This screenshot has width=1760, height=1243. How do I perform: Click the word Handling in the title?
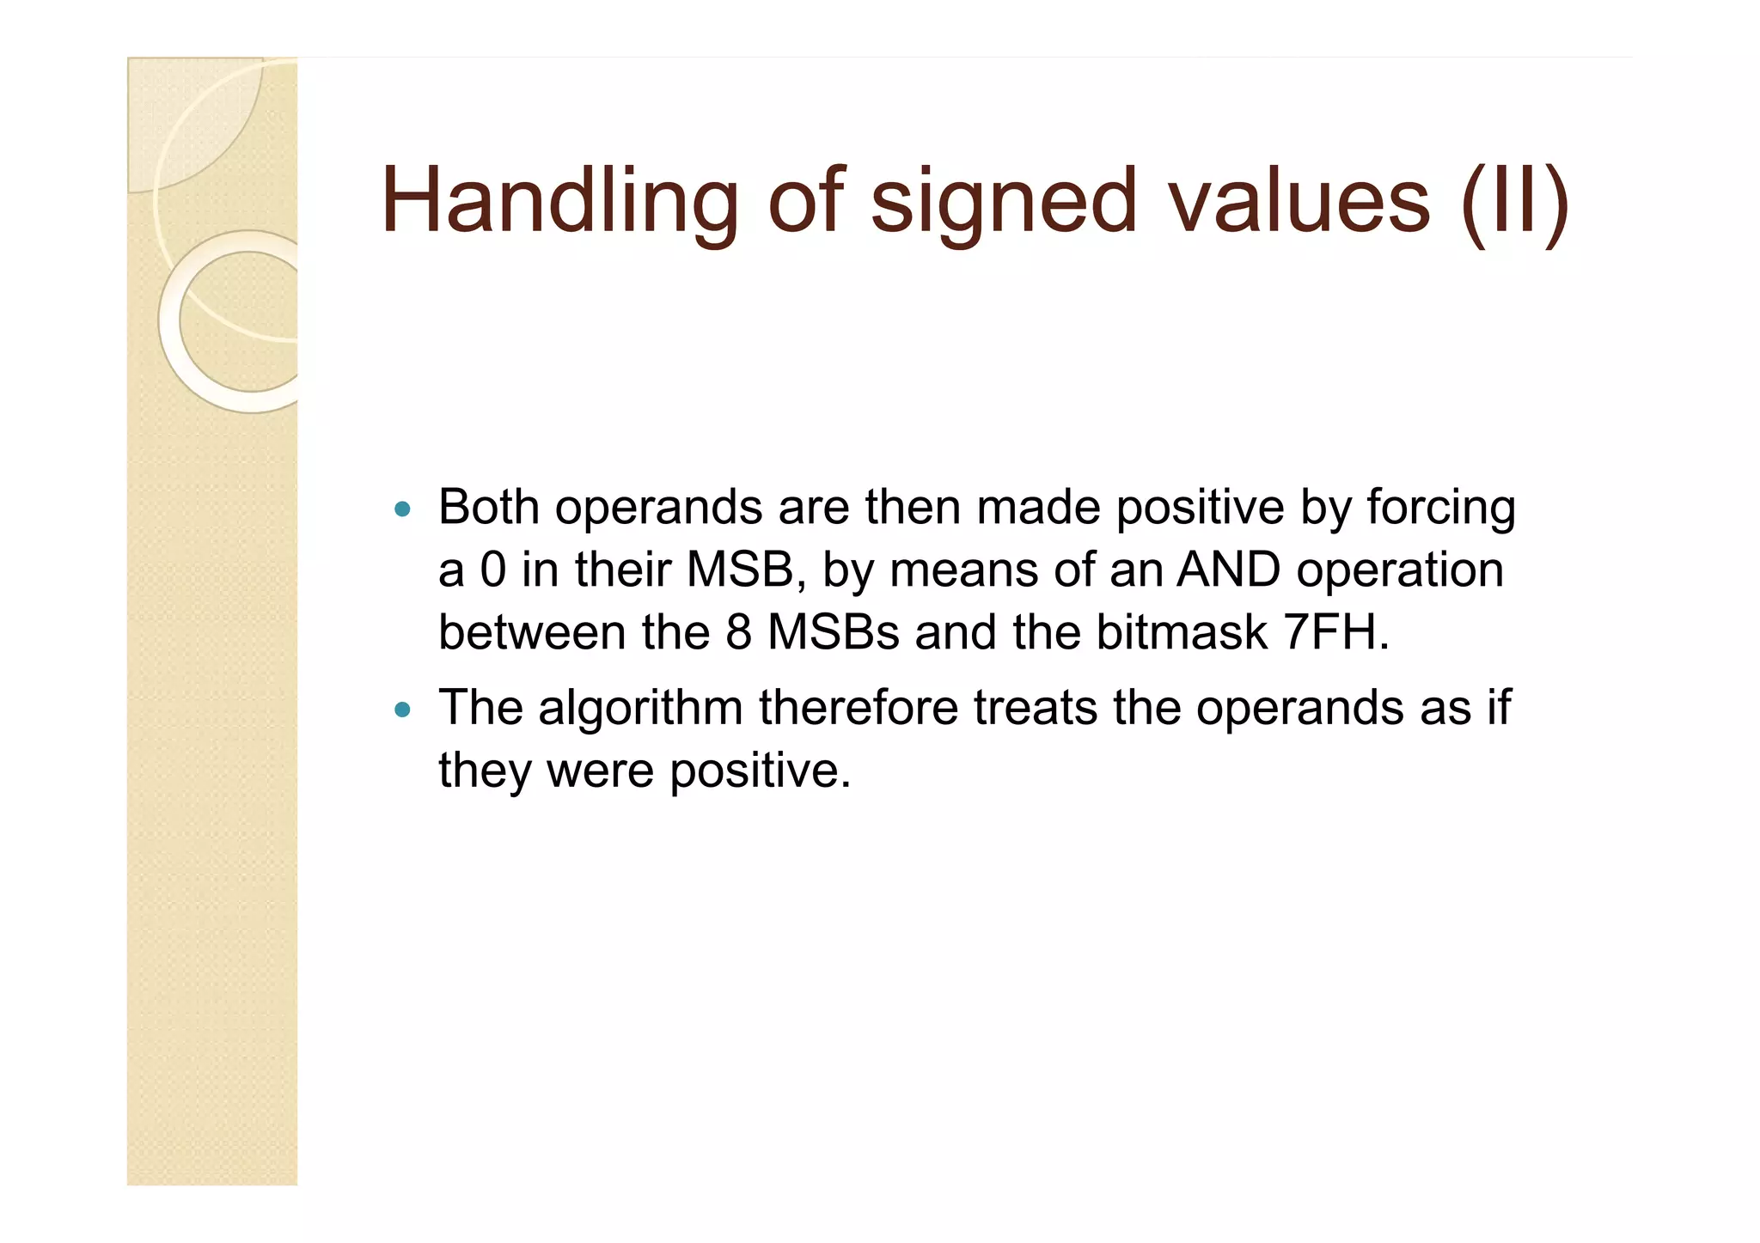tap(559, 202)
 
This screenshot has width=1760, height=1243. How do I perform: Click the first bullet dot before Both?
tap(402, 509)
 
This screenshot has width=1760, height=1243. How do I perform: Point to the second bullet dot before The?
tap(402, 710)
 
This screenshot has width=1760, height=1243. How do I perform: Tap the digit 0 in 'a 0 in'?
tap(493, 570)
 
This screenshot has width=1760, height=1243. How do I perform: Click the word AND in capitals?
tap(1228, 570)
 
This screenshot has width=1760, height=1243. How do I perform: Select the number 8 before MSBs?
tap(738, 633)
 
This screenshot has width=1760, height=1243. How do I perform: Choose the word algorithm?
tap(640, 710)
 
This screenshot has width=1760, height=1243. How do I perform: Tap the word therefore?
tap(858, 708)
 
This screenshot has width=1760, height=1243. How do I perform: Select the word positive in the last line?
tap(760, 771)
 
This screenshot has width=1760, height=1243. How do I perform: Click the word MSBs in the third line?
tap(833, 633)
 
